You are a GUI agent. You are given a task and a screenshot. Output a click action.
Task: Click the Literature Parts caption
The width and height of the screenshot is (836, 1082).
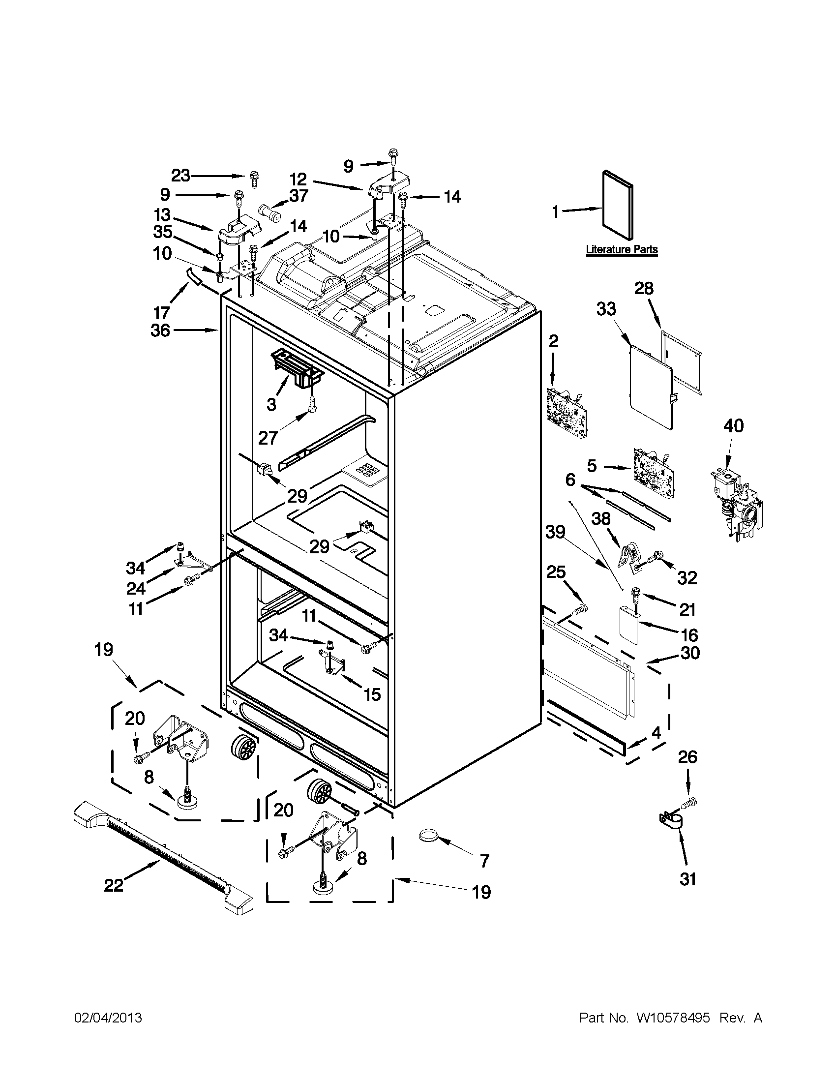622,249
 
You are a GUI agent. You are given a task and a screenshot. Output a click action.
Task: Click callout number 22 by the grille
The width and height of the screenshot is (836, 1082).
114,885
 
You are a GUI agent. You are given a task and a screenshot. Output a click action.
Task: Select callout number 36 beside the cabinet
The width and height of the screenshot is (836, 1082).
160,331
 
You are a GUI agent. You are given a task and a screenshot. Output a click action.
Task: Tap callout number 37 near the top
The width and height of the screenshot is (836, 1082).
299,196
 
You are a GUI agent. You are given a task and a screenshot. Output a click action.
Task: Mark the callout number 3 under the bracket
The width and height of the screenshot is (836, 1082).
271,404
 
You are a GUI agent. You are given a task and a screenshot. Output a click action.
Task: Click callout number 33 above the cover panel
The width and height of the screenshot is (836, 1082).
606,309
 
